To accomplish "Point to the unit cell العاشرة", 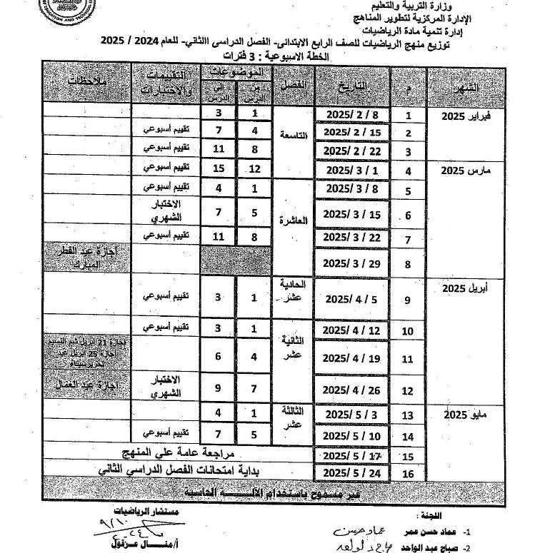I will point(294,221).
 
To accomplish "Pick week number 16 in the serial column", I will point(409,473).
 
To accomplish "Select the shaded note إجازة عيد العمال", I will point(85,385).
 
